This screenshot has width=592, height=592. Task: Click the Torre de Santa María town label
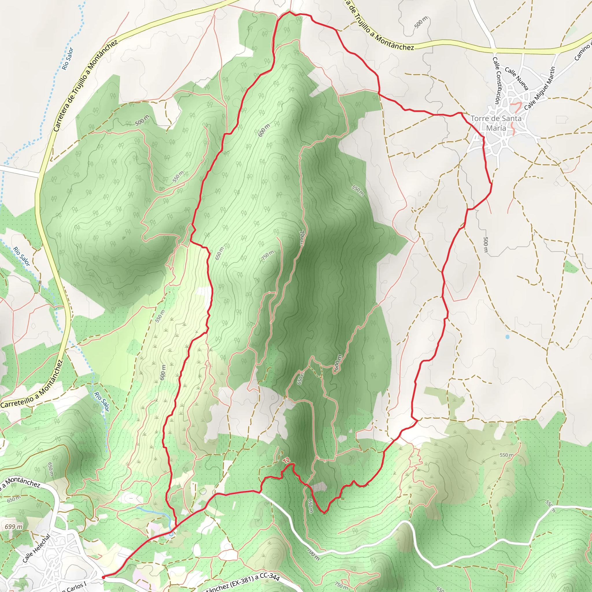(x=496, y=123)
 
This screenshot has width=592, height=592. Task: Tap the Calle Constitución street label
(x=497, y=80)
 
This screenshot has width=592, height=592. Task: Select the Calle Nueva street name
(x=517, y=78)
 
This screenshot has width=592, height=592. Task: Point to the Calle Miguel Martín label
(x=540, y=88)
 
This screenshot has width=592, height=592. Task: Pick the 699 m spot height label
(x=14, y=527)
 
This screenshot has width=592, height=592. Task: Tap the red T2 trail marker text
(x=286, y=460)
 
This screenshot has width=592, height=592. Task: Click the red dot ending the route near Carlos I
(x=103, y=577)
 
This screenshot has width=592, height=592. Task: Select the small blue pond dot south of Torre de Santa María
(x=507, y=337)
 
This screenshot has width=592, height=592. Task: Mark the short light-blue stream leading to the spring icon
(x=153, y=511)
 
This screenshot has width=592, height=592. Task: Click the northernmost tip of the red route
(x=290, y=12)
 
